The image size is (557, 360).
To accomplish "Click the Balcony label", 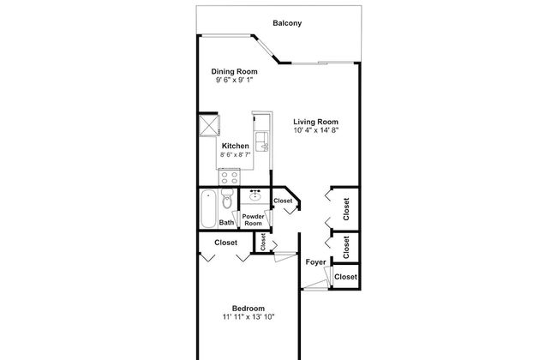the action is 287,23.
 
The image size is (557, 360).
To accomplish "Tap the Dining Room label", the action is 235,71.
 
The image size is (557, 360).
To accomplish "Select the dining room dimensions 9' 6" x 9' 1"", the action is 235,80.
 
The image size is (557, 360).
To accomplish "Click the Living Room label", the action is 316,122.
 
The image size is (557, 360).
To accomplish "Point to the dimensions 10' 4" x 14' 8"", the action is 316,130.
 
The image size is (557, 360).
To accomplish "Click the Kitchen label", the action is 236,146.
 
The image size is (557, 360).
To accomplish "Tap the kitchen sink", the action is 262,141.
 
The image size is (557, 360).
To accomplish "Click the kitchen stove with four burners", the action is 229,177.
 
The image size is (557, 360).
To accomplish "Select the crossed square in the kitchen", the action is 208,125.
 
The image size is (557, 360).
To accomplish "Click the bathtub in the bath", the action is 208,209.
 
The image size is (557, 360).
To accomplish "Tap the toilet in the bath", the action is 226,199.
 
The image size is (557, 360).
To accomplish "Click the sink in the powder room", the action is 255,195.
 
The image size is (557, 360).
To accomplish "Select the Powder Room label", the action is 253,220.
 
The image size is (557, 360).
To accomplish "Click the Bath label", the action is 226,223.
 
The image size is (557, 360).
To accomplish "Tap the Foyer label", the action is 316,262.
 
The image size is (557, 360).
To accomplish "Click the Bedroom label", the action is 249,309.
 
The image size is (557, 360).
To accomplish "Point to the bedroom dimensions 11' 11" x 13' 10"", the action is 249,317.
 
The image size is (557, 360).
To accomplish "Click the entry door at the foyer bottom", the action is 314,285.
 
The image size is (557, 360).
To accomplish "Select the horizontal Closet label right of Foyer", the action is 345,277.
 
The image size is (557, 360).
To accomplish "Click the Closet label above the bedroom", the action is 226,243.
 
